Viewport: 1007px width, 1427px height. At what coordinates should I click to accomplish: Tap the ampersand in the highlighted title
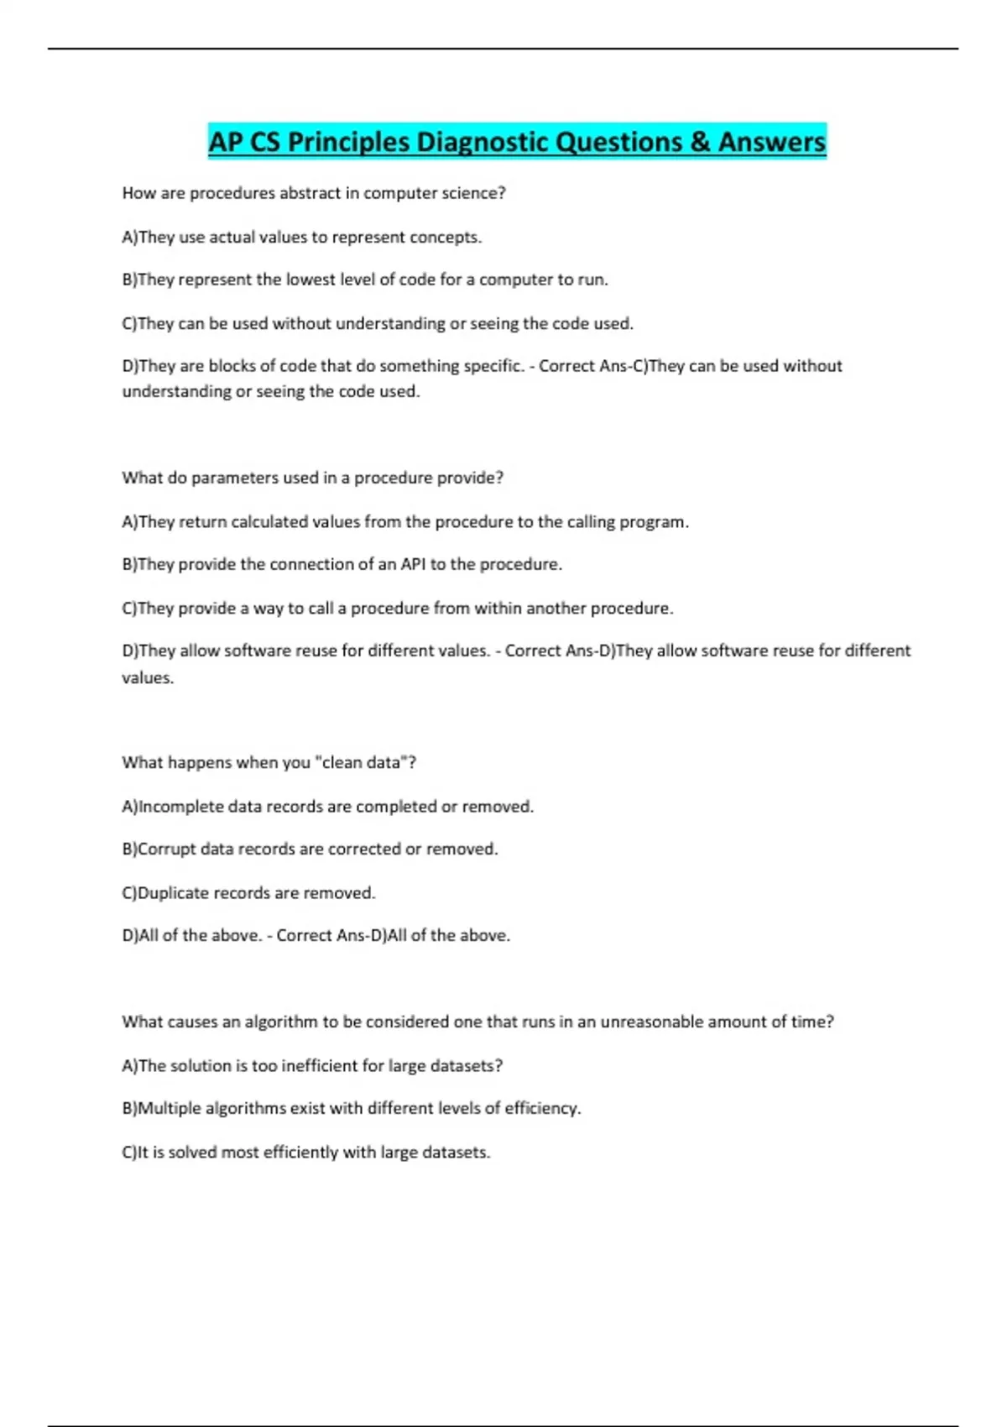tap(701, 142)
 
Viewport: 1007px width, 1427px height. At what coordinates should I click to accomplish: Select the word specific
tap(487, 366)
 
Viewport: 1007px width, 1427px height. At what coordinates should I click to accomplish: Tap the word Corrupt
tap(166, 849)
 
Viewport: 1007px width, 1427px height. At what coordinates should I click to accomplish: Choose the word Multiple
tap(169, 1108)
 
